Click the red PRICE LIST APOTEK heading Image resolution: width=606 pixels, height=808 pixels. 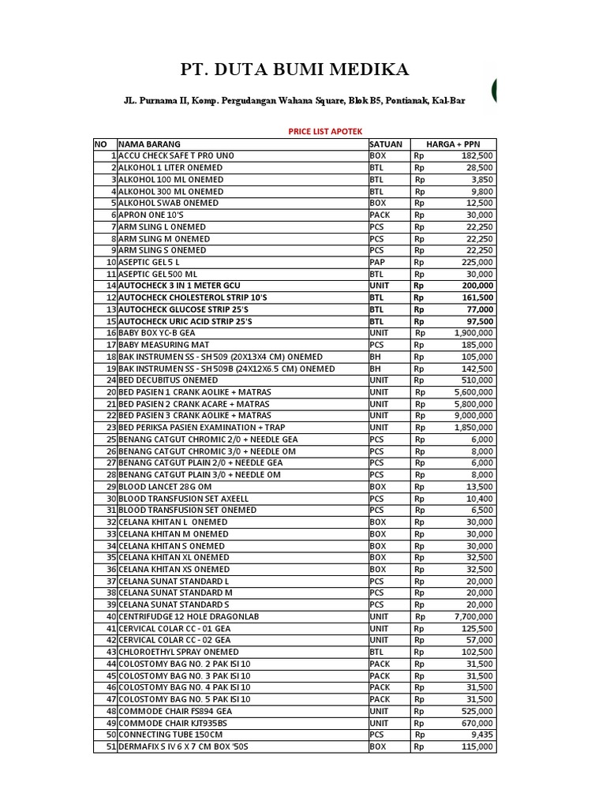click(x=324, y=131)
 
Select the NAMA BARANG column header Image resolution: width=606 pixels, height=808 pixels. click(x=150, y=144)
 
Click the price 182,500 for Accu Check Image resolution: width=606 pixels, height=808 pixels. click(x=477, y=156)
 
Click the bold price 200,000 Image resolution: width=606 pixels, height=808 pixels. click(x=477, y=286)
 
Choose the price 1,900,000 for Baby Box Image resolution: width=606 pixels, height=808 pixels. click(x=473, y=333)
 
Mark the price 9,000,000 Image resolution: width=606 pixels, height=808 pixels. click(x=473, y=415)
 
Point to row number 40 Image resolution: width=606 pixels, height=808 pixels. click(x=110, y=616)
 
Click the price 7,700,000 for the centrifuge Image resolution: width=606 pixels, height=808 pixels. click(x=473, y=616)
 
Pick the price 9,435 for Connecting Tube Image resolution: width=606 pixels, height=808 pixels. click(x=481, y=734)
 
